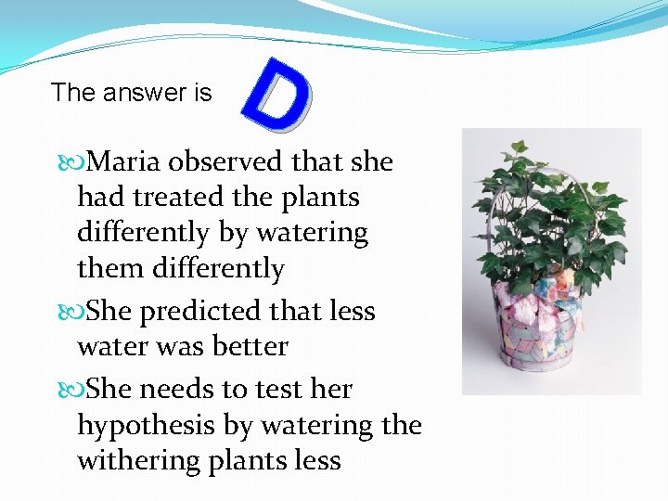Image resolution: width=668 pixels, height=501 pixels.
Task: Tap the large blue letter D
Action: (x=276, y=93)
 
